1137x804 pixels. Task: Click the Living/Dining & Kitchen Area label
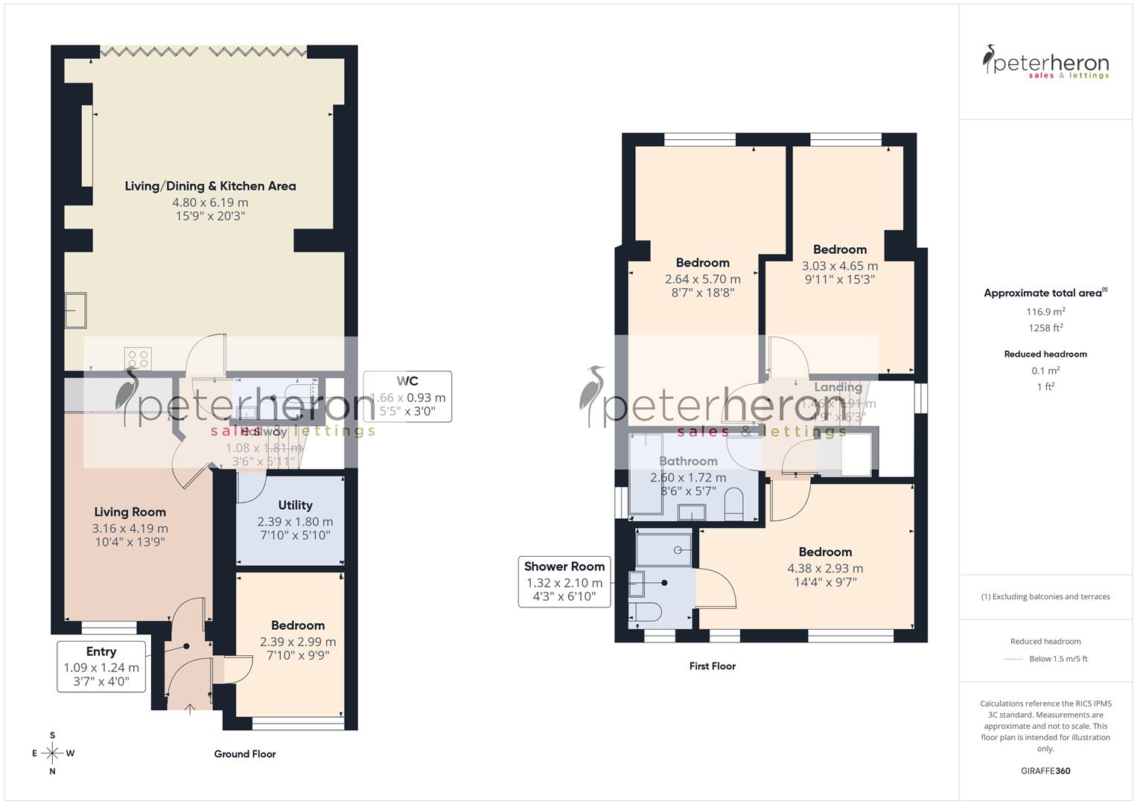(x=210, y=186)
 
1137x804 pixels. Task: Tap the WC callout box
(x=407, y=396)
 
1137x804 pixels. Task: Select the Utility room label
(x=295, y=505)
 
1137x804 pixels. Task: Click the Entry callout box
(x=101, y=666)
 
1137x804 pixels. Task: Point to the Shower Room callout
(x=564, y=581)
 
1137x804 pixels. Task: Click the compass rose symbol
(x=52, y=753)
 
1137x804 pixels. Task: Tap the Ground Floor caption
(x=245, y=754)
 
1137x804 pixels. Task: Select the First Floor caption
(x=712, y=666)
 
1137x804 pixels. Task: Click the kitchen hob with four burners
(x=139, y=358)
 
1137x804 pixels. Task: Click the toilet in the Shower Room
(x=645, y=612)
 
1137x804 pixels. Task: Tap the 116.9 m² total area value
(x=1045, y=313)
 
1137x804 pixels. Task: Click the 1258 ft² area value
(x=1045, y=328)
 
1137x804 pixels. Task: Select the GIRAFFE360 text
(x=1045, y=771)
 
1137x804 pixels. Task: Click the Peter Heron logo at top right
(x=1045, y=63)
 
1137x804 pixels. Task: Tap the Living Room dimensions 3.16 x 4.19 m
(x=130, y=529)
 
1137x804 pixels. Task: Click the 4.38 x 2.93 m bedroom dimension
(x=825, y=568)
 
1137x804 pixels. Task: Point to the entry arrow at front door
(x=190, y=709)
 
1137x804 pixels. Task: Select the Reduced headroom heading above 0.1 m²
(x=1045, y=354)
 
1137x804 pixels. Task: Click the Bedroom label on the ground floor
(x=298, y=625)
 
